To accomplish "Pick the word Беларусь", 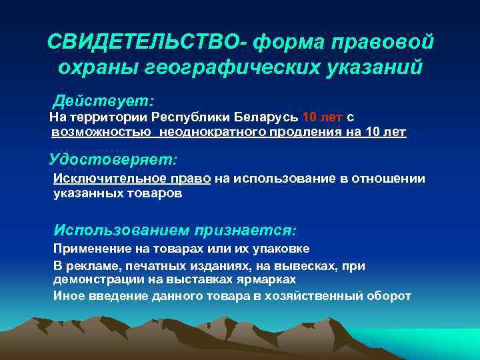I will click(x=267, y=117).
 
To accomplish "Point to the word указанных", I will click(x=83, y=194).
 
